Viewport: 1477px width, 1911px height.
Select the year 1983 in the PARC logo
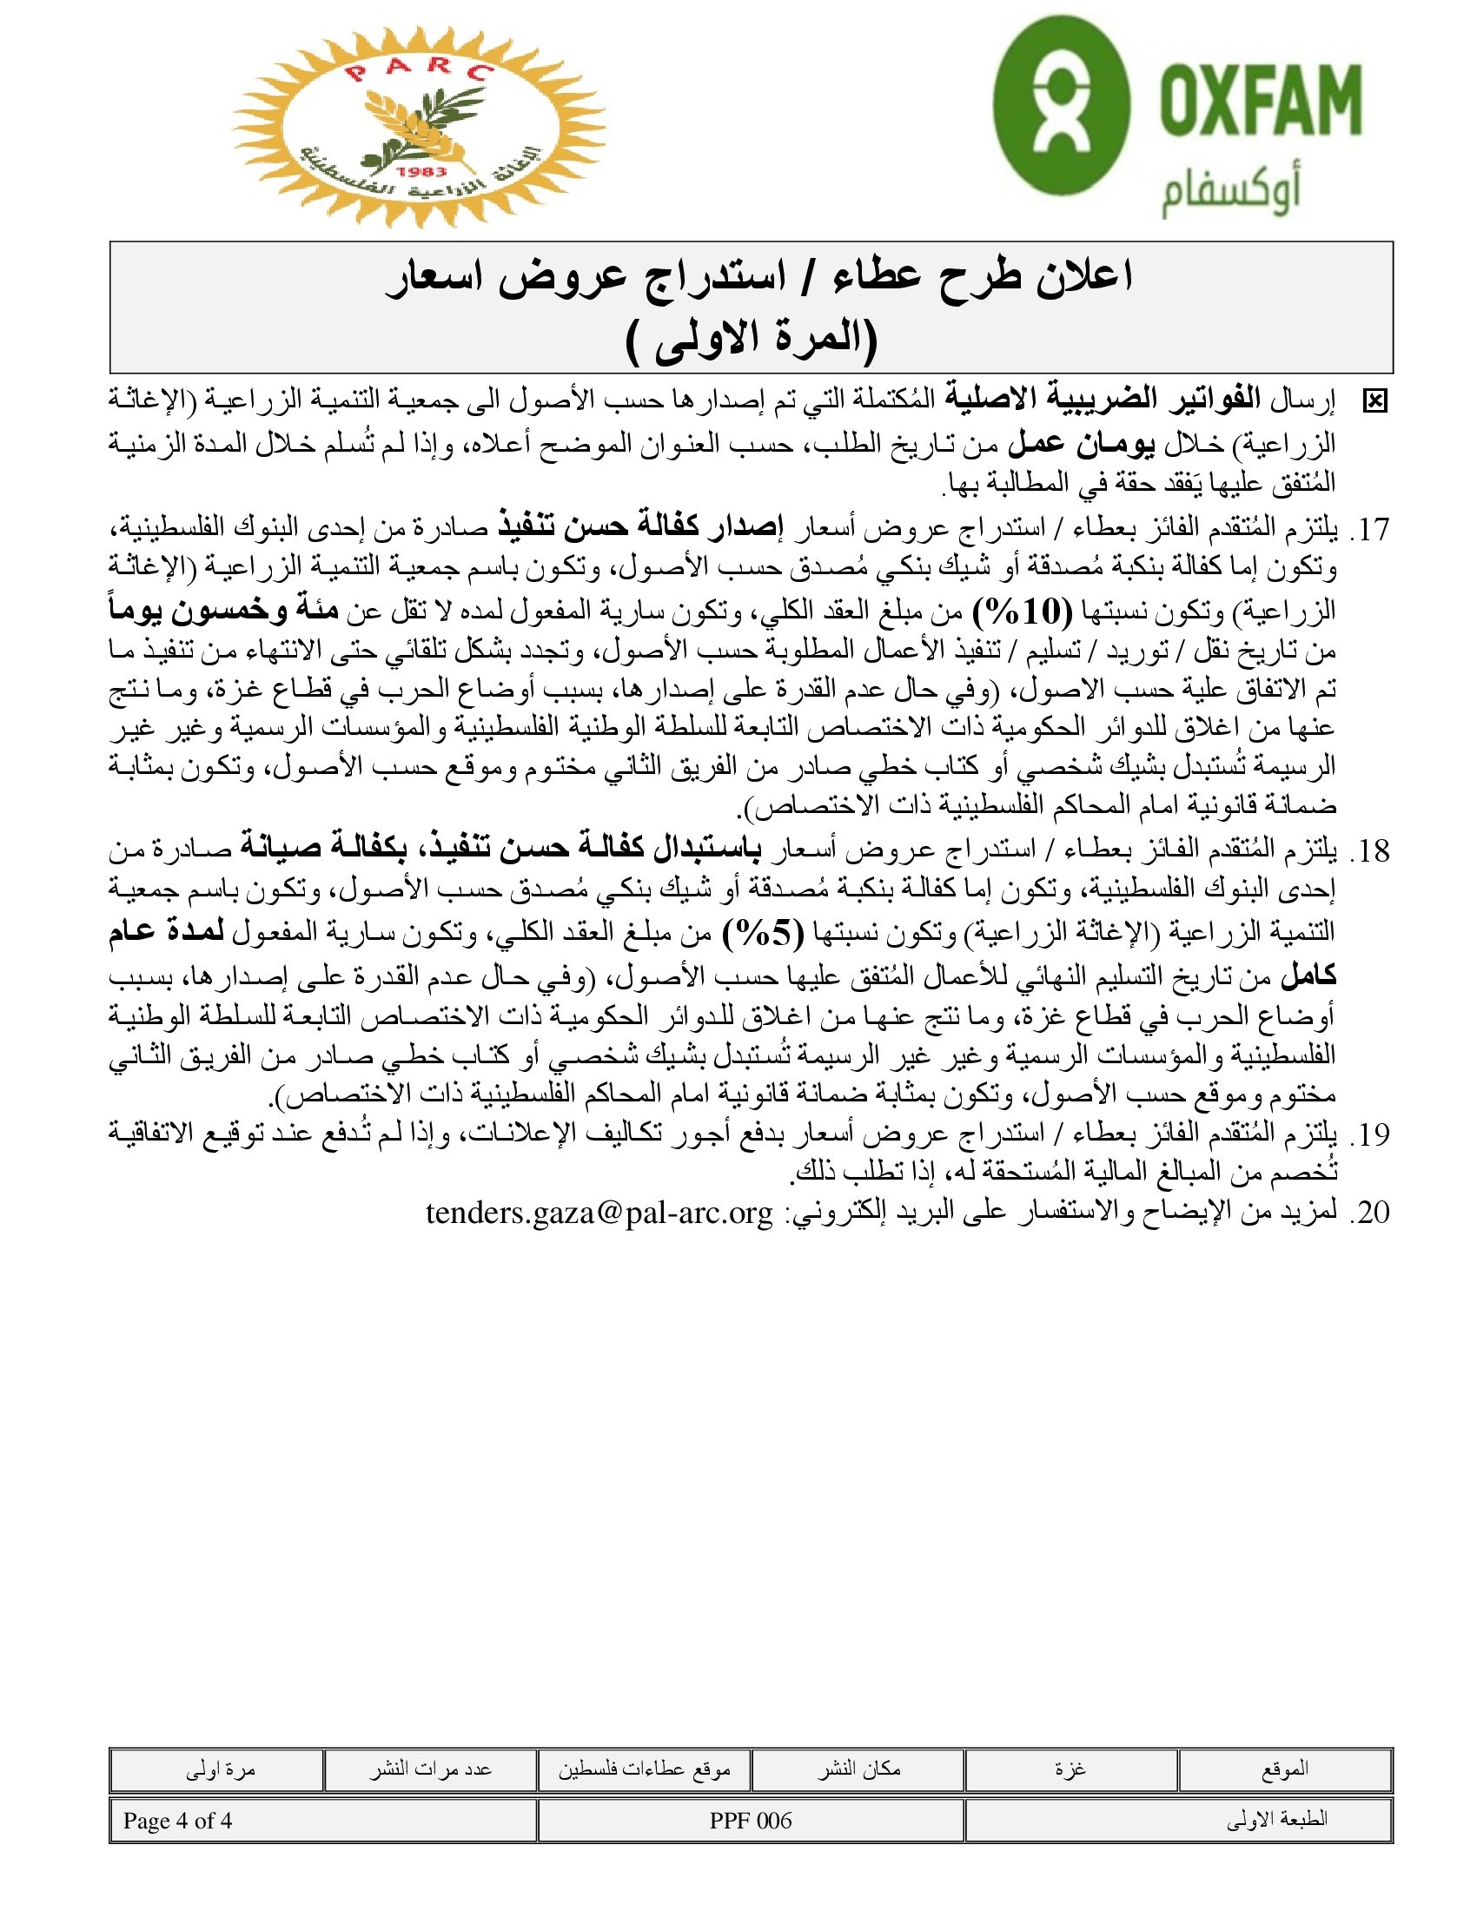[421, 171]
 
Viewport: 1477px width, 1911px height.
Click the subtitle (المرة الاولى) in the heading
[752, 340]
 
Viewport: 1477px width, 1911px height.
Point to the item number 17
[1371, 530]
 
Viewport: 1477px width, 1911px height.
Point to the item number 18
[1371, 850]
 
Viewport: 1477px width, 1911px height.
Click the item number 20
[1371, 1212]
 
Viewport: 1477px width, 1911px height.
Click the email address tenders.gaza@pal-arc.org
[599, 1213]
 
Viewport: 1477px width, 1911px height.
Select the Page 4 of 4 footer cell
[177, 1821]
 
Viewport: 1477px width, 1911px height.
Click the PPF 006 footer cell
[751, 1821]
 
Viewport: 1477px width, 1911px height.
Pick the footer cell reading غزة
[1070, 1769]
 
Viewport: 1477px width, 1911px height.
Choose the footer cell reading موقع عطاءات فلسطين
[644, 1769]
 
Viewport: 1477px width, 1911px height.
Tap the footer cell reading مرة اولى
[220, 1769]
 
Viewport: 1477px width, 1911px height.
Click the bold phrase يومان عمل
[1082, 446]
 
